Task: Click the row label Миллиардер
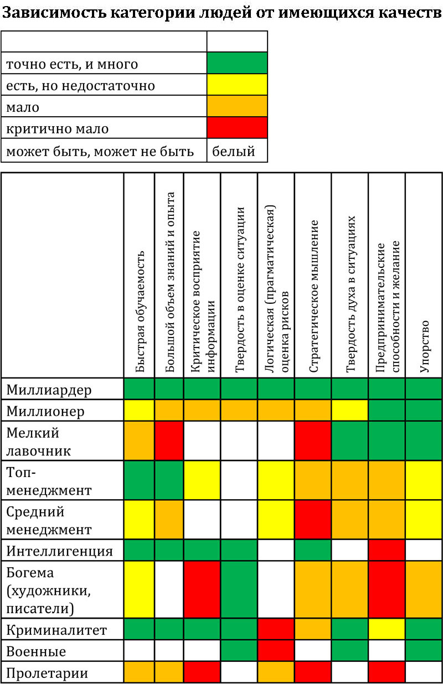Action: point(49,390)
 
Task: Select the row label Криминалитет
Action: point(56,630)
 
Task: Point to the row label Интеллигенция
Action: point(60,551)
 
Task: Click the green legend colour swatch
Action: point(237,64)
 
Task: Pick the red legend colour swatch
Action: point(237,128)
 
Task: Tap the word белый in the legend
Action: point(234,151)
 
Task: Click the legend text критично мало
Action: point(57,129)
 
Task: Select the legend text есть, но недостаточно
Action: point(80,86)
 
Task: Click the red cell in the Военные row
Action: point(276,651)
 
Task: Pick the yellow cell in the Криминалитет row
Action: point(387,630)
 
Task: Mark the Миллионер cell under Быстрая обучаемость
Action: point(140,411)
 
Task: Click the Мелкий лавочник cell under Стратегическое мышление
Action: point(313,441)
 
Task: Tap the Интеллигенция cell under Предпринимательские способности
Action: point(387,551)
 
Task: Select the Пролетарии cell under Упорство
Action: point(424,673)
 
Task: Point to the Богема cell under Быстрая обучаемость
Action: point(140,589)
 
